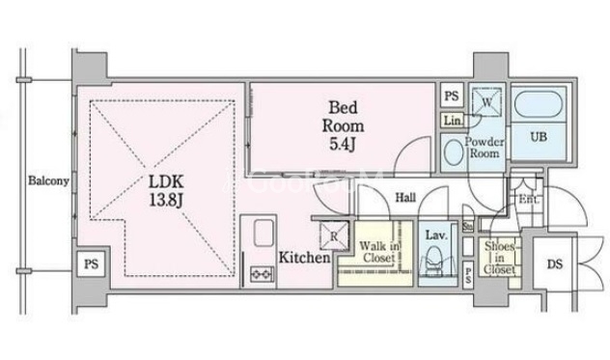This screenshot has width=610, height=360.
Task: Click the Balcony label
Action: coord(46,181)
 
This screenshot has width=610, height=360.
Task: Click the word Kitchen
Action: coord(305,258)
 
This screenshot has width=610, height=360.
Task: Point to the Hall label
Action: coord(406,198)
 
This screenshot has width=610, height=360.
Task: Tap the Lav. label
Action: coord(433,235)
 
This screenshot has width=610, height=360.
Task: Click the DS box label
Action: coord(555,264)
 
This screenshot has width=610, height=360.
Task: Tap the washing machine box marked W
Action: coord(488,100)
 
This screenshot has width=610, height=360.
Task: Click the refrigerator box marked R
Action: coord(331,233)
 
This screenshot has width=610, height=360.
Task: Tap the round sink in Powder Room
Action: coord(452,151)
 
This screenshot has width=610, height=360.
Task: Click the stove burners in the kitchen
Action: coord(262,273)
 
